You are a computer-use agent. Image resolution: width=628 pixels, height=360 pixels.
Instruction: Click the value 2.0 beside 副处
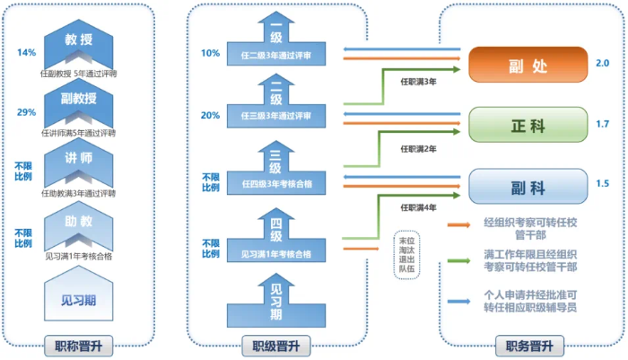[x=602, y=64]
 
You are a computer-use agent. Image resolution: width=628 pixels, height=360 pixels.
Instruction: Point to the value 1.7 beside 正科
[x=602, y=124]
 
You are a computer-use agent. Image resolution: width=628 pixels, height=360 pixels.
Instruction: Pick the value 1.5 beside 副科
[x=602, y=185]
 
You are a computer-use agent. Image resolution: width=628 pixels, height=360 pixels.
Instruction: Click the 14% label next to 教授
[x=26, y=52]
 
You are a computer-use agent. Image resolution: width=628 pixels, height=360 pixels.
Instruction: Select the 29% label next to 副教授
[x=26, y=112]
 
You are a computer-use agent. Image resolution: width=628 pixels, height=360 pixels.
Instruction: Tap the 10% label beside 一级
[x=210, y=53]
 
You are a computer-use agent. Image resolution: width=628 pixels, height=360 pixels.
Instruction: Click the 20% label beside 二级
[x=210, y=116]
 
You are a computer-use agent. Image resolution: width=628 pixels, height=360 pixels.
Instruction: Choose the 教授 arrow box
[x=79, y=42]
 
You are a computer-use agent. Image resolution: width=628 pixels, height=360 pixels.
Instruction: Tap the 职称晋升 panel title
[x=79, y=346]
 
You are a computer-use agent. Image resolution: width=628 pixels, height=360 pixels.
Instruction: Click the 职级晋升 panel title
[x=276, y=346]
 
